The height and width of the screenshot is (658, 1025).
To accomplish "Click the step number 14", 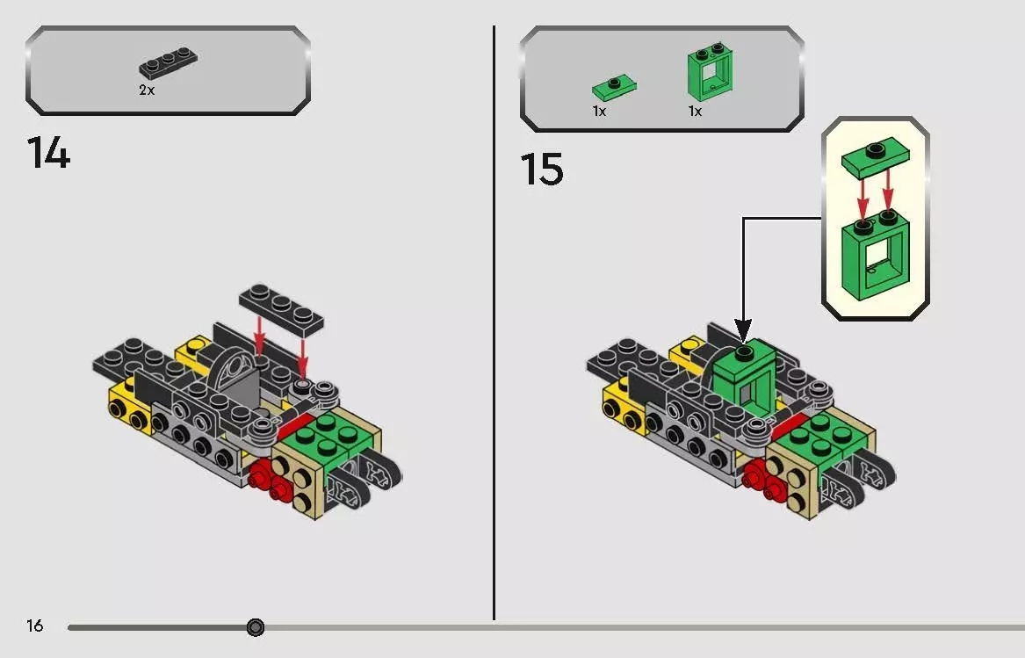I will coord(48,153).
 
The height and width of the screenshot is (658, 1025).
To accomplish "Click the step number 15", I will coord(542,170).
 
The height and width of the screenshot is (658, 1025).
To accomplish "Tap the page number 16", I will coord(34,626).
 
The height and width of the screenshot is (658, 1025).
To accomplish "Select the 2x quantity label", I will coord(147,90).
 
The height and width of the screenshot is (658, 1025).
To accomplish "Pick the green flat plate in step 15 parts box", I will coord(614,88).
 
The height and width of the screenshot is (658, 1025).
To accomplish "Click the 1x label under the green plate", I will coord(599,112).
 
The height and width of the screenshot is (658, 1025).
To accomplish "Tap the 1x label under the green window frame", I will coord(695,112).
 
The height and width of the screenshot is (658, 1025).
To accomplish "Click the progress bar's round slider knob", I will coord(256,627).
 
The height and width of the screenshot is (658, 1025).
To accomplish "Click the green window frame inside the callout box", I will coord(876,255).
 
